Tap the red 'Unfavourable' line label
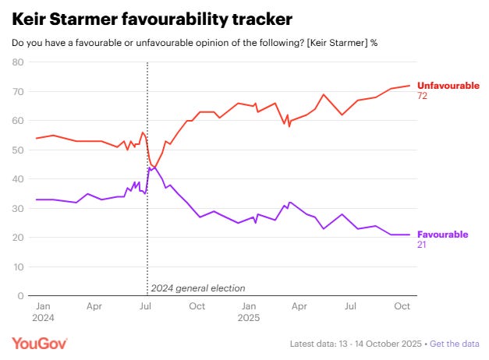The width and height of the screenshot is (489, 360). click(448, 85)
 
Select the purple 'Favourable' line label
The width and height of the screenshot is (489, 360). click(442, 234)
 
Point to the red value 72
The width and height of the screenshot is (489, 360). click(423, 95)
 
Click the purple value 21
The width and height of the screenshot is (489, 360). click(423, 245)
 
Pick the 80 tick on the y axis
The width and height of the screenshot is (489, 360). click(17, 62)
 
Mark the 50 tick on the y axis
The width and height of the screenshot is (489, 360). click(17, 150)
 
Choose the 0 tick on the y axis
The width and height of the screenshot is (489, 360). click(20, 296)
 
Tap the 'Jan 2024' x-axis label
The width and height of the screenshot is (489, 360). click(43, 312)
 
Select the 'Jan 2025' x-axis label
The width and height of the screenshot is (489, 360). click(249, 312)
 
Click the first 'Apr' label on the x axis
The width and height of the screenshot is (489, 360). click(94, 307)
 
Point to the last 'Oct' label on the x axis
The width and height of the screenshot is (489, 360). click(402, 307)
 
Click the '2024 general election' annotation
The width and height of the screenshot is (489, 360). click(197, 288)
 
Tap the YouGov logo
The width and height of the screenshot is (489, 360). click(40, 344)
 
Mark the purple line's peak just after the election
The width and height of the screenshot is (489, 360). click(149, 168)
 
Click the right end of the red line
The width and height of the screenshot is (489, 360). click(409, 86)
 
